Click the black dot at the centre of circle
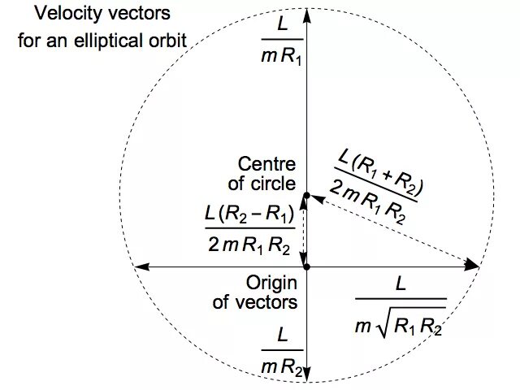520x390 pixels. tap(305, 195)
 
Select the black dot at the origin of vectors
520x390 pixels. tap(305, 266)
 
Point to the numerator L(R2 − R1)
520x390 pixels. tap(249, 217)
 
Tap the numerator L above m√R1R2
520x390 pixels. tap(400, 285)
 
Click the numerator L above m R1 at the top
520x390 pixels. tap(281, 25)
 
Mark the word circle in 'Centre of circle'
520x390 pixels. tap(276, 184)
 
